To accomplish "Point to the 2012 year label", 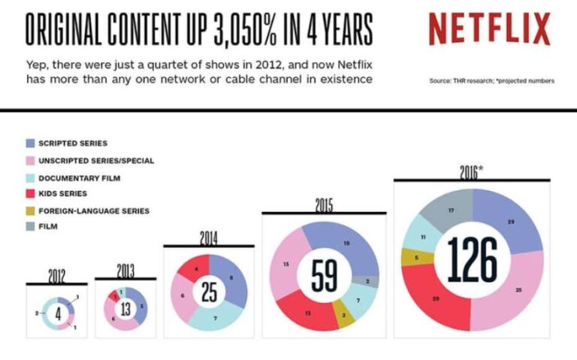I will coord(56,276).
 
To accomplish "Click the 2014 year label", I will coord(208,238).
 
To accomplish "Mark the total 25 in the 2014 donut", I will coord(209,292).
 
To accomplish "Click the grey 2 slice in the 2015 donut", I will coord(366,282).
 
